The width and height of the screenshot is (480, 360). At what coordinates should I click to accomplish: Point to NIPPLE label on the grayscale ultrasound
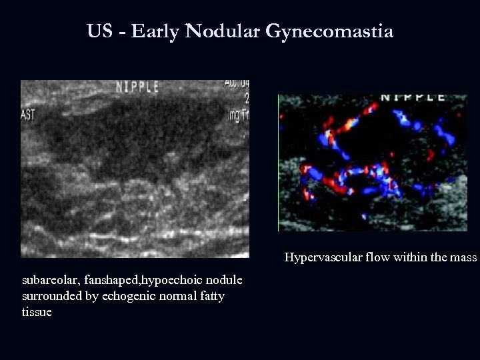coord(138,87)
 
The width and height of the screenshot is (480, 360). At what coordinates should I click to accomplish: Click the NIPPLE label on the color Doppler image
coord(413,97)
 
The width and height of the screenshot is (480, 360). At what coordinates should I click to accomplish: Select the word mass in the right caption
coord(465,257)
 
